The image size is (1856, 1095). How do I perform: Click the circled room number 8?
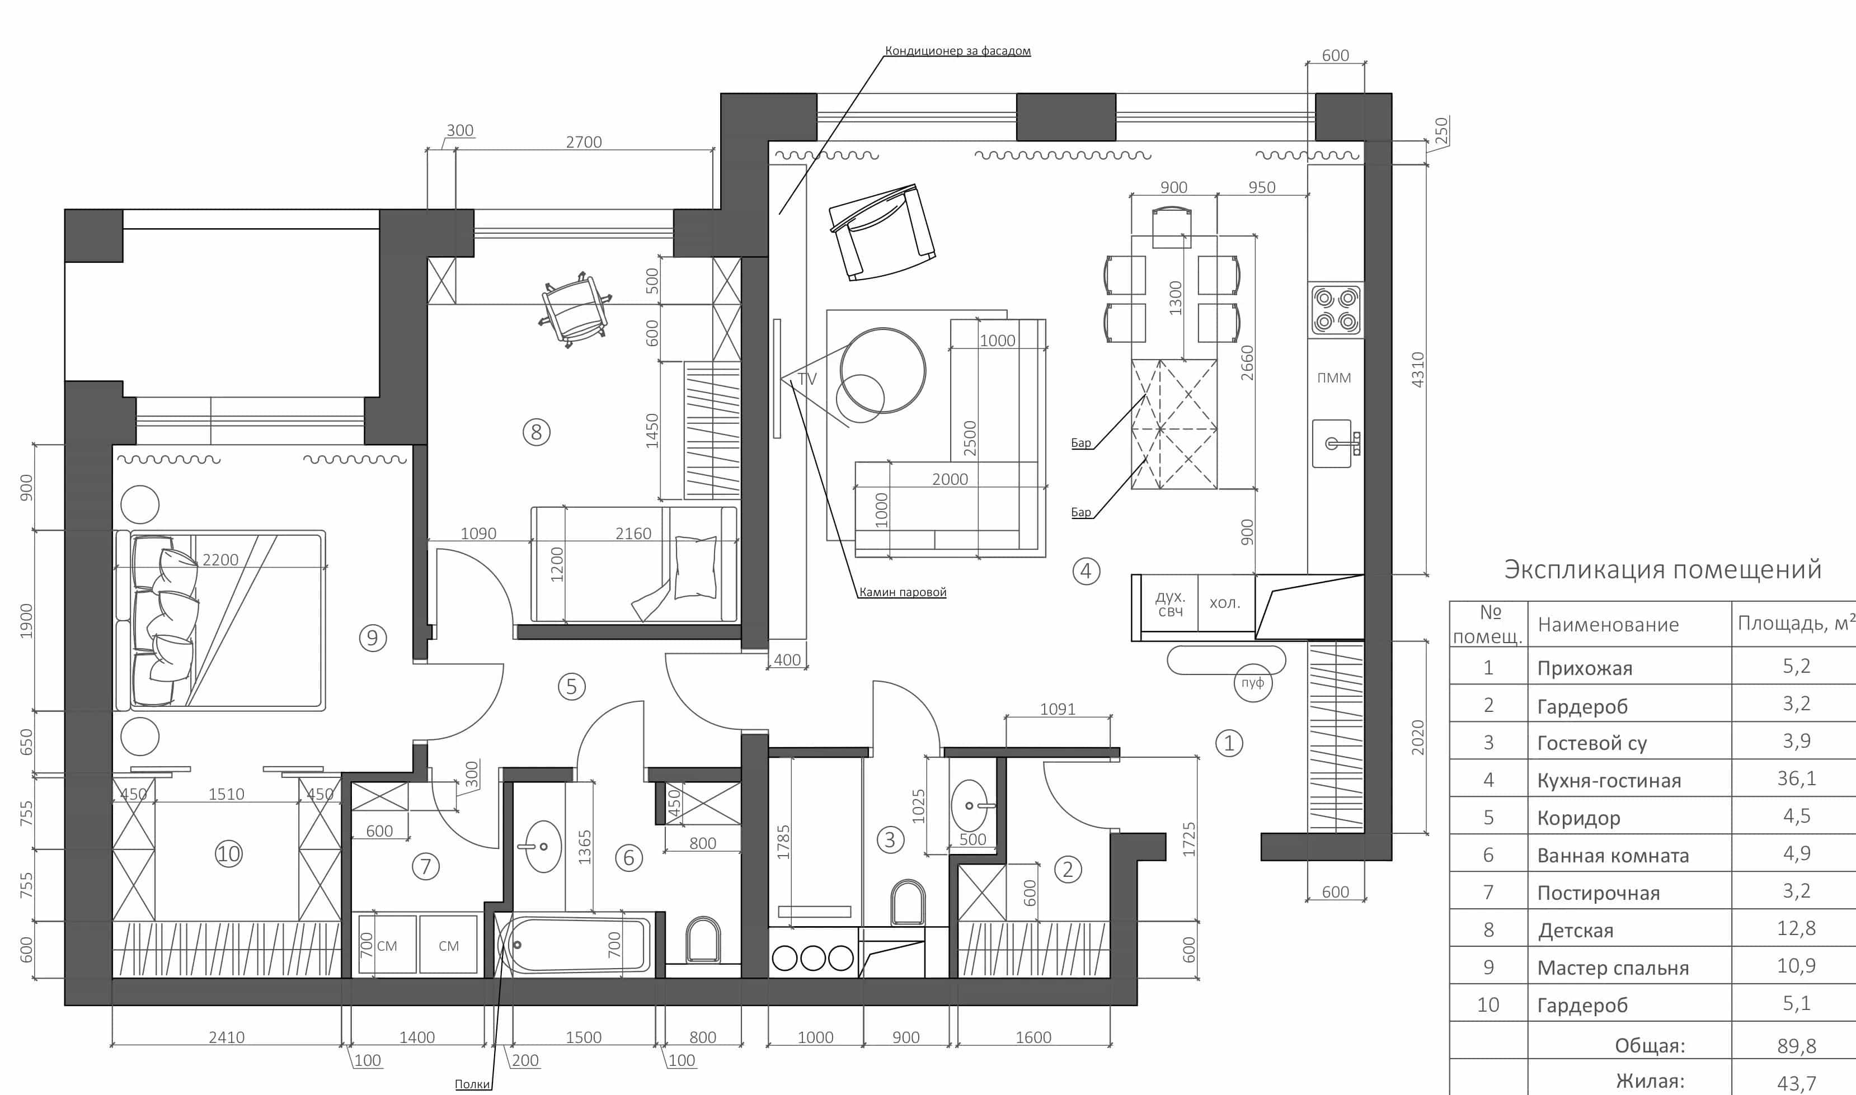click(x=537, y=432)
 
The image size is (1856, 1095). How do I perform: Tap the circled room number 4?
click(x=1086, y=570)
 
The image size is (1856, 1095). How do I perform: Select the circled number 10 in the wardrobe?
click(x=228, y=854)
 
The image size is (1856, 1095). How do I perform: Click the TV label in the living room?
click(x=807, y=379)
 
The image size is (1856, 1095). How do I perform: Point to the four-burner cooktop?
click(x=1336, y=309)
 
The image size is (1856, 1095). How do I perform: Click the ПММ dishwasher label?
click(x=1334, y=378)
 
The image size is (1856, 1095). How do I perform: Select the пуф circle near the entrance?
click(x=1253, y=682)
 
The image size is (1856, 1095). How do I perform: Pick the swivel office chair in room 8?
click(x=575, y=310)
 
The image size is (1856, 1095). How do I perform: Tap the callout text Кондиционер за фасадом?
click(x=957, y=51)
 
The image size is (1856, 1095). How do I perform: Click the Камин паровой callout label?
click(x=902, y=592)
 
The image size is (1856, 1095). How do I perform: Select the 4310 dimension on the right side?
click(x=1417, y=370)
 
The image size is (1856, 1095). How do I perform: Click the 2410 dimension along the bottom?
click(x=226, y=1037)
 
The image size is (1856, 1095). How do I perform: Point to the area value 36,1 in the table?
click(x=1796, y=778)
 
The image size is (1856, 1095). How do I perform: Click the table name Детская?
click(x=1576, y=931)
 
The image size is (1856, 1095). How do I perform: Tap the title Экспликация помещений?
click(x=1662, y=570)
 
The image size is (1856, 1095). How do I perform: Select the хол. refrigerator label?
click(x=1224, y=603)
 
